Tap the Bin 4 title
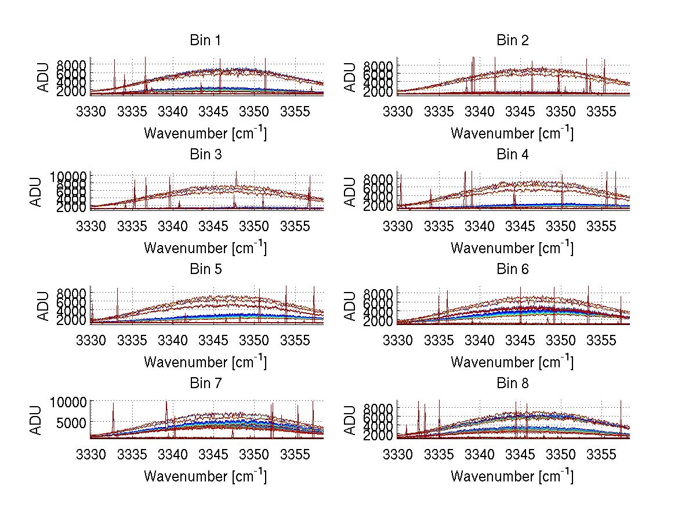click(512, 155)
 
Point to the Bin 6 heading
click(512, 269)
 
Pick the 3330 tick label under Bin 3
click(91, 226)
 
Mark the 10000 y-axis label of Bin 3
click(71, 176)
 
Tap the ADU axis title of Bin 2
click(350, 77)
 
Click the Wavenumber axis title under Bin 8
click(512, 476)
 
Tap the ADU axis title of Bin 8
click(350, 420)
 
